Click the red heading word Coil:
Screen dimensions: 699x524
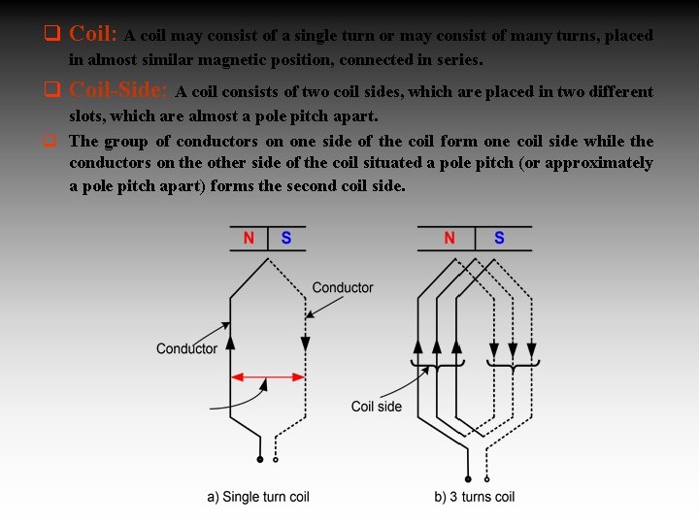coord(93,34)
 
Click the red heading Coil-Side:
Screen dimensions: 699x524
coord(119,91)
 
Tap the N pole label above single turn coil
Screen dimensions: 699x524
coord(248,238)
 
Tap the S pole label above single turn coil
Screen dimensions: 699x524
coord(286,238)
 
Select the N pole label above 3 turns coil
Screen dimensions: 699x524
coord(449,238)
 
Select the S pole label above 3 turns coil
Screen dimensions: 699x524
coord(499,238)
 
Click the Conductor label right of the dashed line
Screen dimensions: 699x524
coord(342,287)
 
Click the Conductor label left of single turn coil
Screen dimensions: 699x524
coord(186,348)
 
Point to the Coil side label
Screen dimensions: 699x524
coord(377,407)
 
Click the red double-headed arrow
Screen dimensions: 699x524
coord(268,377)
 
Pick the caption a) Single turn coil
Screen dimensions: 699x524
coord(258,497)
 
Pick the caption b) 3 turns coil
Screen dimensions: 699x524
coord(475,497)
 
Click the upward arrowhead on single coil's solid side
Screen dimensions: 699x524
coord(230,341)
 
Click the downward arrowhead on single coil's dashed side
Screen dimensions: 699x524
coord(305,344)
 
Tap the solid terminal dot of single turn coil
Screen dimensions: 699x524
coord(259,459)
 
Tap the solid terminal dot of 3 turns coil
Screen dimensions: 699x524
coord(468,477)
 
